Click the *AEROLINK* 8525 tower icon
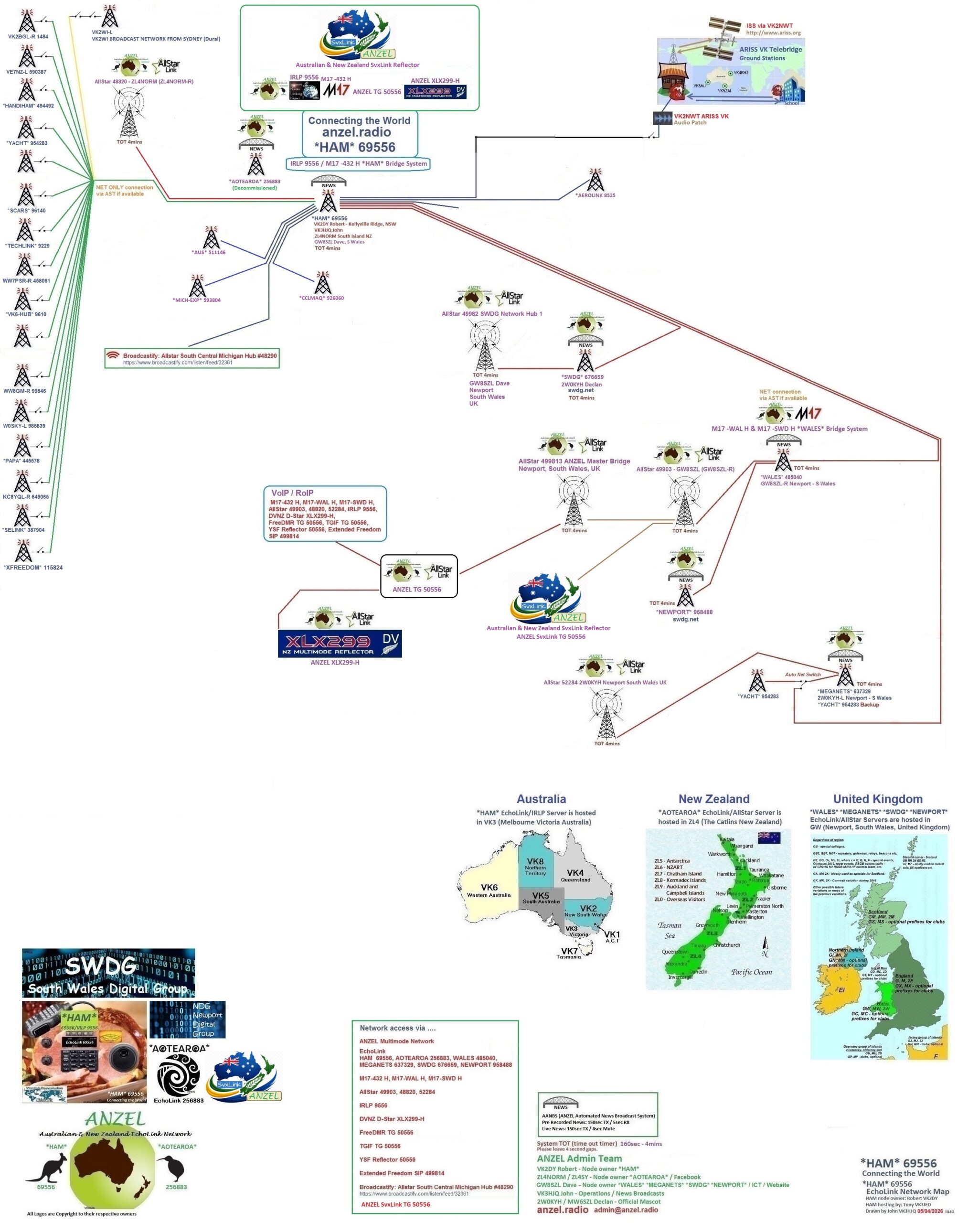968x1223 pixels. point(595,180)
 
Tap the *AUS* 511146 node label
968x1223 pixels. point(209,252)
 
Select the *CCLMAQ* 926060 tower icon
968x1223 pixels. point(322,283)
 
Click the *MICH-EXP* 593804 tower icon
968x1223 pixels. point(197,286)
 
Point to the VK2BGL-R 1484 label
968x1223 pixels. point(28,37)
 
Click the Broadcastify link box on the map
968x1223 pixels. point(192,358)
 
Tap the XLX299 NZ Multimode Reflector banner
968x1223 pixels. point(340,644)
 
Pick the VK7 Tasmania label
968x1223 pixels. point(569,953)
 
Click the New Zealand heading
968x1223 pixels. point(713,799)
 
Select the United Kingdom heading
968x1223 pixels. point(877,799)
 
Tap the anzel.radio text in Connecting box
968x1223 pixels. point(356,132)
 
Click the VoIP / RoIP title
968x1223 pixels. point(292,493)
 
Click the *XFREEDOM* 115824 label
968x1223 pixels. point(33,568)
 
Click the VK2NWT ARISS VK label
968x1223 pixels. point(701,116)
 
